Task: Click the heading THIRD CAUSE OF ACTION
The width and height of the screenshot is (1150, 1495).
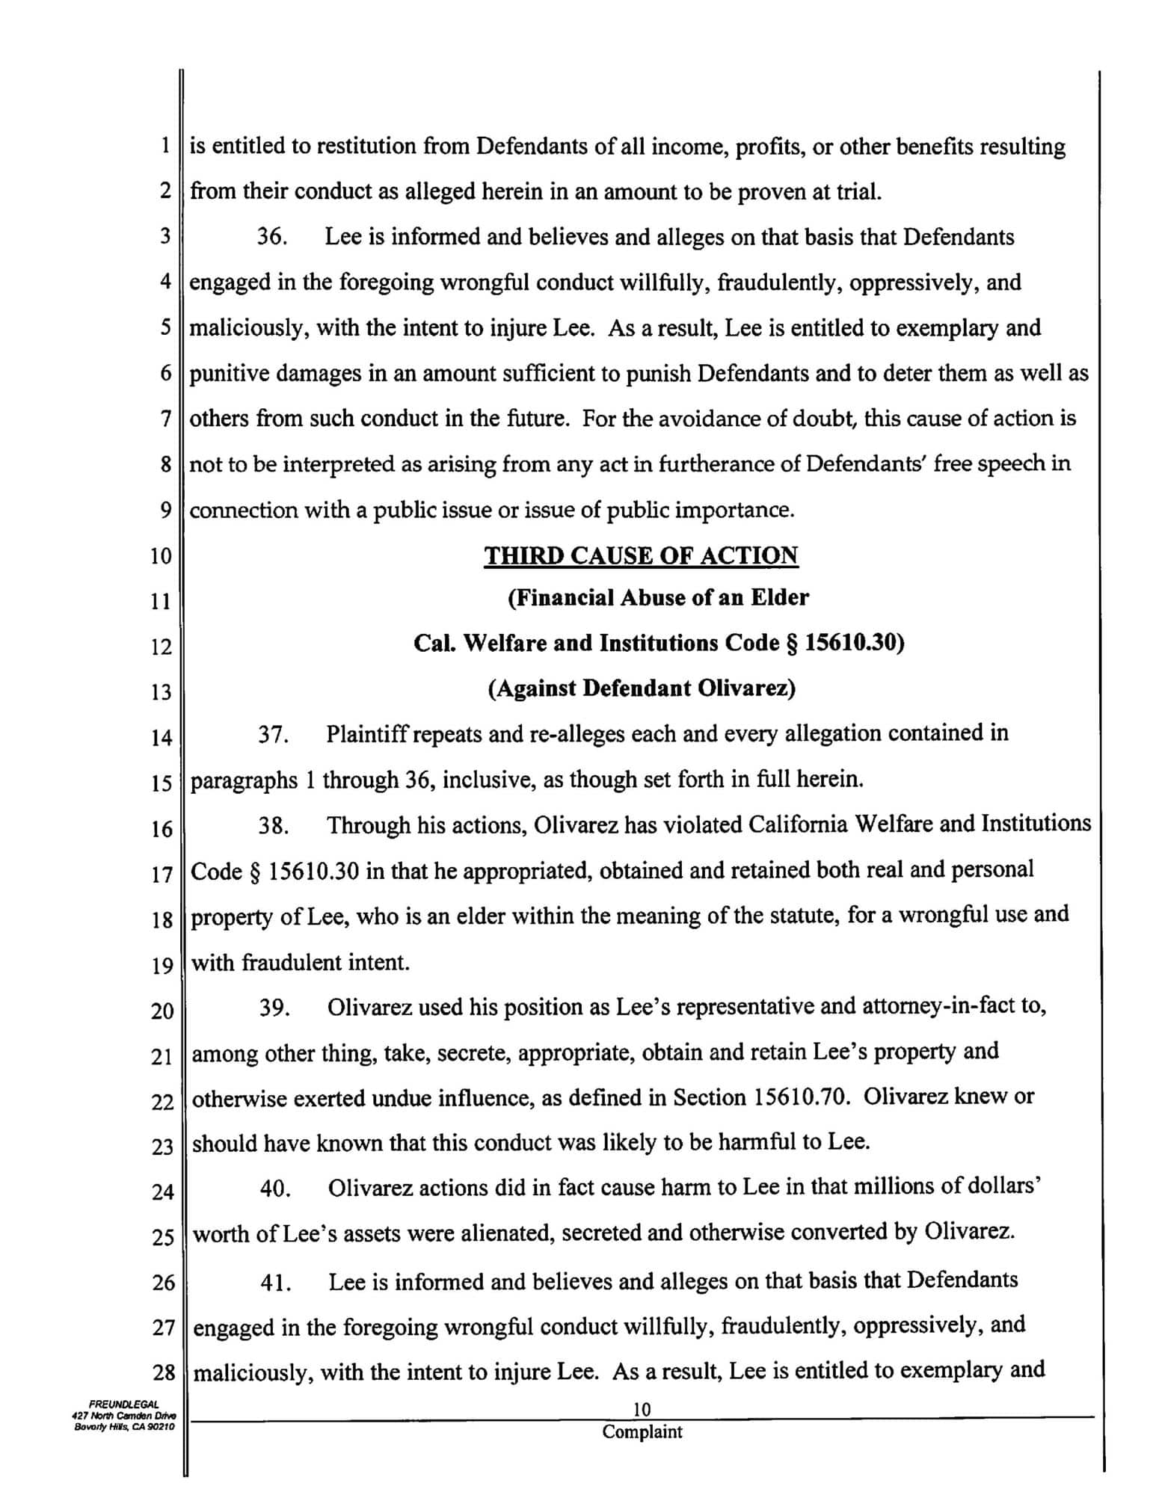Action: point(641,555)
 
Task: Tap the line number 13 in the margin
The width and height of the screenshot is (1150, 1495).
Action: point(162,692)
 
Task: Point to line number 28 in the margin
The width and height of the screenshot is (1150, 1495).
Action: point(163,1372)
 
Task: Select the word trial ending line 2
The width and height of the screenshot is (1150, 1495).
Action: point(859,192)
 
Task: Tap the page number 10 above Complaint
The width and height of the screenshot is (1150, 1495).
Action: point(642,1410)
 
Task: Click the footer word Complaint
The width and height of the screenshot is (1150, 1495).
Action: point(642,1432)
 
